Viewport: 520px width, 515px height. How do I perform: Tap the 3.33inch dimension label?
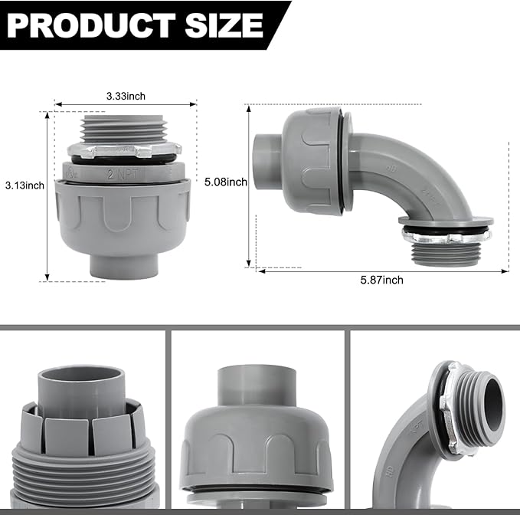(x=126, y=96)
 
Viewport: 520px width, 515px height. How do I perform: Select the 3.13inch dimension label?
(x=25, y=185)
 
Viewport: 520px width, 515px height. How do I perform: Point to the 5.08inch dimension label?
(x=226, y=182)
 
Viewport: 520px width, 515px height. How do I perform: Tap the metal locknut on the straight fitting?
(x=125, y=150)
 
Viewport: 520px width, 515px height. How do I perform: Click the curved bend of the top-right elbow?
(x=417, y=176)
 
